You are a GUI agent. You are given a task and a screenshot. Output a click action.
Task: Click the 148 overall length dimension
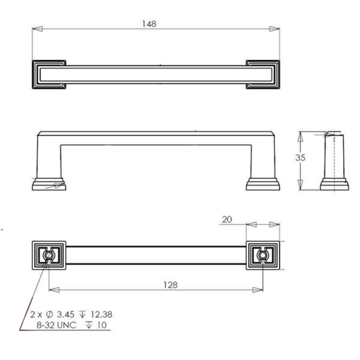click(x=149, y=24)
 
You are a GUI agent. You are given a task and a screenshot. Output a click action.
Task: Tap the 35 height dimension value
click(x=300, y=158)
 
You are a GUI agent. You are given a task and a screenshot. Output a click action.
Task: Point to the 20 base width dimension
click(x=226, y=219)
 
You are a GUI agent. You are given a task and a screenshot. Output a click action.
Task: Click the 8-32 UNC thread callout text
click(x=56, y=325)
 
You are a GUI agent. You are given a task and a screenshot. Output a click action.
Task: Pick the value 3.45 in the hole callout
click(x=67, y=314)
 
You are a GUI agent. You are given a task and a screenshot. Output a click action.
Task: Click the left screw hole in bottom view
click(x=49, y=255)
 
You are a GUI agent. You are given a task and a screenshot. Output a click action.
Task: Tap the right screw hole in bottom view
click(x=262, y=255)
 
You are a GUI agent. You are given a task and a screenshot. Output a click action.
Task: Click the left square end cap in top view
click(x=49, y=74)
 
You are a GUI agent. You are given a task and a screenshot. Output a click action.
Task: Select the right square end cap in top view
click(x=262, y=74)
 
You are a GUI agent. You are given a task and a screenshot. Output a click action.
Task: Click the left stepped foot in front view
click(x=49, y=184)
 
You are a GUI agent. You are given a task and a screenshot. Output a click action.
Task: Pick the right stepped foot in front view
click(x=263, y=184)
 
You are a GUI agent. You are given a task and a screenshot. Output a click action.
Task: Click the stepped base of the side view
click(x=334, y=185)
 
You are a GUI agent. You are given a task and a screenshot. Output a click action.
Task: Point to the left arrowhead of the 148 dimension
click(x=37, y=29)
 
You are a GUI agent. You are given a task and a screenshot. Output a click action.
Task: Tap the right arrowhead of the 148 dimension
click(x=274, y=29)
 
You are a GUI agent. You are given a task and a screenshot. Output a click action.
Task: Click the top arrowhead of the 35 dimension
click(x=300, y=136)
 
